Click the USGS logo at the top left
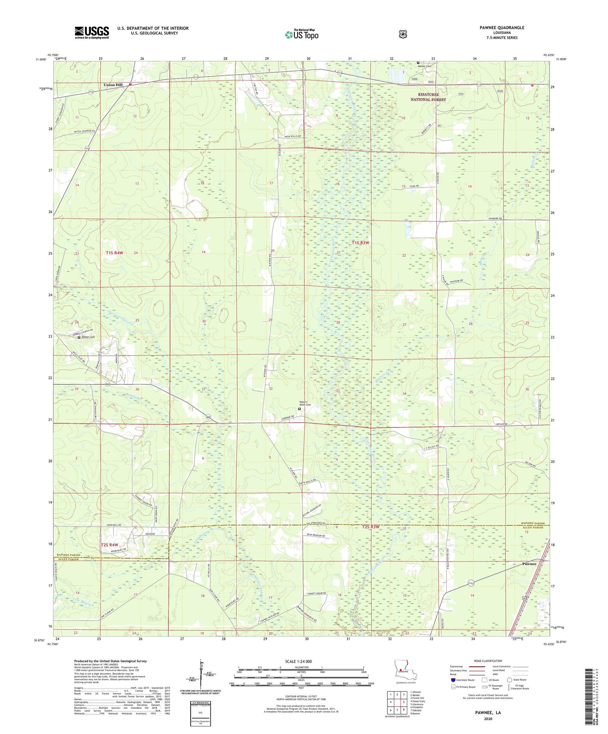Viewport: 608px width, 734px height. coord(92,32)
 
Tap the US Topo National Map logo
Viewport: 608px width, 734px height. coord(302,34)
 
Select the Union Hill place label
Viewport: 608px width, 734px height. coord(113,85)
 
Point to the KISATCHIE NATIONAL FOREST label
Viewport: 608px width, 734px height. coord(428,97)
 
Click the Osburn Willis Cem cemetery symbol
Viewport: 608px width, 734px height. coord(299,408)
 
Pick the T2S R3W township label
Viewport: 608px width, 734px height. coord(370,527)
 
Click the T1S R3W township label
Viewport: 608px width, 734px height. coord(360,243)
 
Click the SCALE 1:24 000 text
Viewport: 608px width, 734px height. coord(298,661)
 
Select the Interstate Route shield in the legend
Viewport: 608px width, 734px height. coord(453,679)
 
